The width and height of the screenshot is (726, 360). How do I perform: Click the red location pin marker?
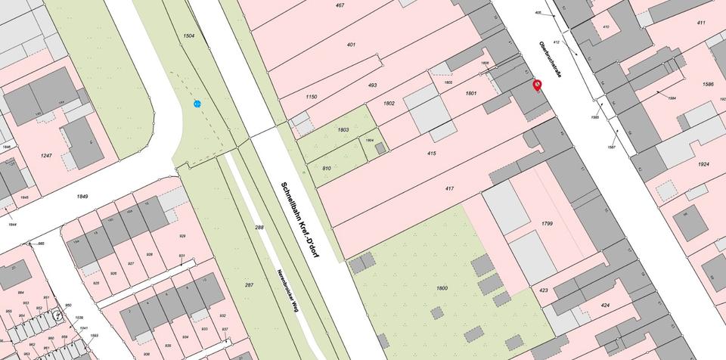pos(537,85)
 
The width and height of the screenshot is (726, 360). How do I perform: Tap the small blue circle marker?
pos(197,104)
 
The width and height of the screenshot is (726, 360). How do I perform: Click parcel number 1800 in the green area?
pos(442,288)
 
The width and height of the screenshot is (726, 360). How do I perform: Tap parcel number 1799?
pos(548,224)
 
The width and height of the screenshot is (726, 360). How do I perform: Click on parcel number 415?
pos(431,154)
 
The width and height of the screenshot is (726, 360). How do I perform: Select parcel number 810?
pos(327,167)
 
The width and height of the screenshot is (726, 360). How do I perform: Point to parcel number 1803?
pos(343,130)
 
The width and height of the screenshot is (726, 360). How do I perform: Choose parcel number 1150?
pos(311,98)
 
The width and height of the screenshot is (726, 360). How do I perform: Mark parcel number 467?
pos(340,5)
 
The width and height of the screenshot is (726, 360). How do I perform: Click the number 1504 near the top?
pos(189,36)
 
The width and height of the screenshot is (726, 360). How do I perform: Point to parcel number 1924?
pos(703,163)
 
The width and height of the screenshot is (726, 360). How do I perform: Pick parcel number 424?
pos(604,306)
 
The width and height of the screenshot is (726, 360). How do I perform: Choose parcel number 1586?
pos(708,84)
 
